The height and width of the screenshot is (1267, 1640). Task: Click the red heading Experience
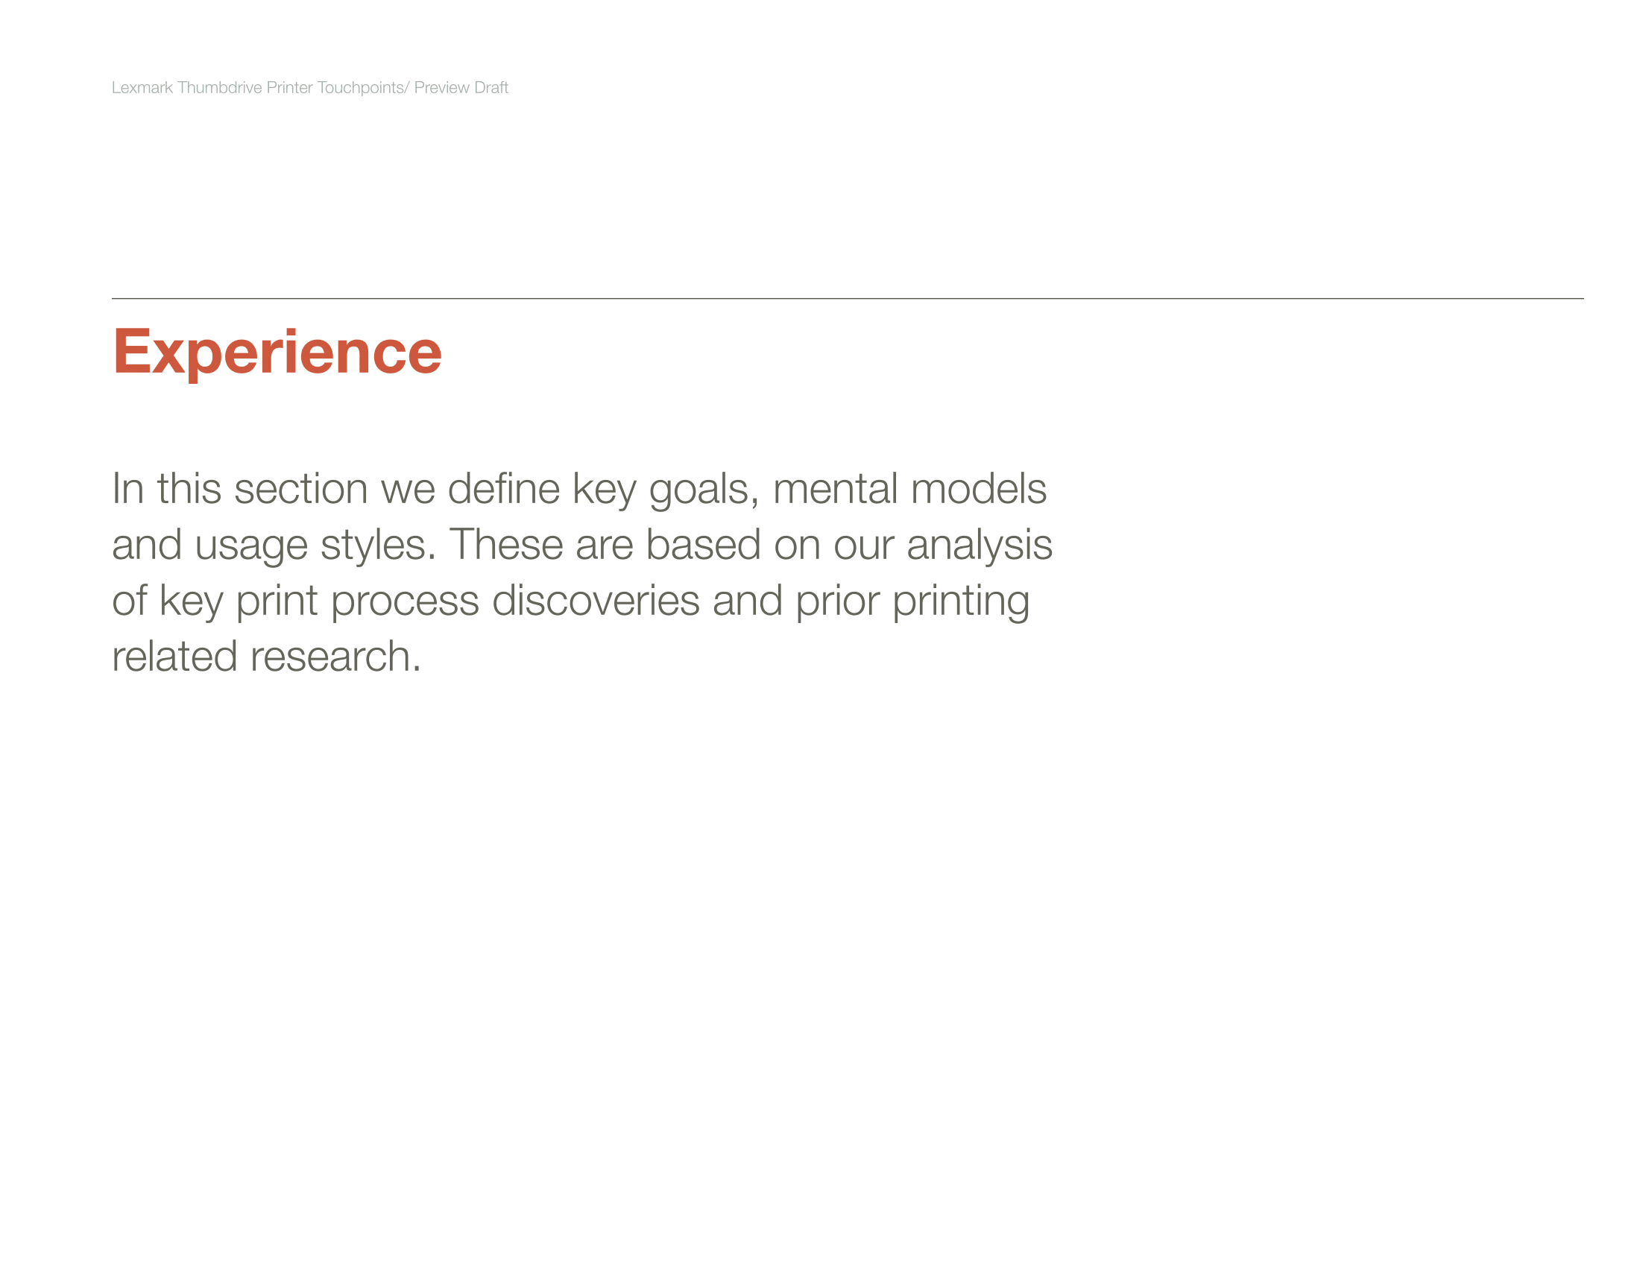(277, 353)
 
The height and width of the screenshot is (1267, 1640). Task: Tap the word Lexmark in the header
(142, 87)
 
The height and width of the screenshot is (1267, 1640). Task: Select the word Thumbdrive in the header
(219, 87)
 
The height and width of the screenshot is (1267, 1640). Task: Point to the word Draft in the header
(491, 87)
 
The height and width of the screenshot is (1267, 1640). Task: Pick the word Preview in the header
(441, 87)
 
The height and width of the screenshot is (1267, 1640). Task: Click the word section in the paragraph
(301, 489)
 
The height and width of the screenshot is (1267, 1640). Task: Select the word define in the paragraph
(503, 489)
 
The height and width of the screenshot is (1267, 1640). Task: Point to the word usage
(250, 546)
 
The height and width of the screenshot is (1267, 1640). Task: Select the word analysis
(980, 546)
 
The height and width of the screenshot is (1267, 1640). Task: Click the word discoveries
(596, 601)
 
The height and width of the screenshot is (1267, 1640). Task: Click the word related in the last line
(175, 657)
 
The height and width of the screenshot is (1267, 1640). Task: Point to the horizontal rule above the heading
(848, 299)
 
